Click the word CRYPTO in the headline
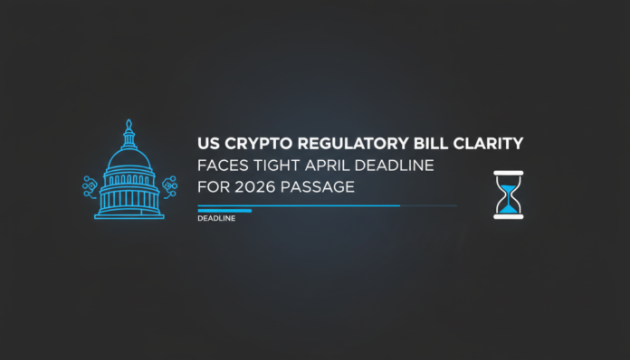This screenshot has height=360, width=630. [246, 143]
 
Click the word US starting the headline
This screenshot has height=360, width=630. [207, 143]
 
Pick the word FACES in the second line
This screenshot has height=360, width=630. [220, 166]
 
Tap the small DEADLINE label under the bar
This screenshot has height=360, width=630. [215, 218]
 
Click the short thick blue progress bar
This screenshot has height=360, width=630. [224, 210]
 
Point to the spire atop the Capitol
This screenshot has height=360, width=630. [129, 124]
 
